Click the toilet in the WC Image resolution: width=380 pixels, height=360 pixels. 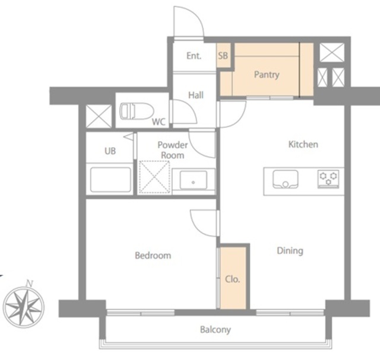137,111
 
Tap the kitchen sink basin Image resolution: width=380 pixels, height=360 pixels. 286,179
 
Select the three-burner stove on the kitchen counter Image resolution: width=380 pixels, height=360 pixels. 328,179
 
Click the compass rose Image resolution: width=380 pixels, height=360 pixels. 24,307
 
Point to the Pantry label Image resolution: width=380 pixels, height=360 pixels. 267,75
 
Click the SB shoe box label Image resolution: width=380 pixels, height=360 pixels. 223,56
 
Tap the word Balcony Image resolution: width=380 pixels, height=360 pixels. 216,330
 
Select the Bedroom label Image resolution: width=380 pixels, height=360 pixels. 153,256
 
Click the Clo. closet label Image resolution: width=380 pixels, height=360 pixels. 232,279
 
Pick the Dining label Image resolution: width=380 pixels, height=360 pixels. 290,251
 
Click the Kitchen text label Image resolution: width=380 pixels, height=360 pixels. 303,144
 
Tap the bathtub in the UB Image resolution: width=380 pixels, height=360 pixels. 110,180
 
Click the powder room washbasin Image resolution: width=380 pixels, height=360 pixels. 194,180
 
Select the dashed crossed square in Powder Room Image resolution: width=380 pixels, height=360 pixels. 154,177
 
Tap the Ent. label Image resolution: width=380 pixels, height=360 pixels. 194,56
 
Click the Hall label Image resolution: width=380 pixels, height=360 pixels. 196,95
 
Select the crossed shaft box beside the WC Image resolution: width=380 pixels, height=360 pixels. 99,116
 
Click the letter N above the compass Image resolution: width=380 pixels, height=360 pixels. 30,283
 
